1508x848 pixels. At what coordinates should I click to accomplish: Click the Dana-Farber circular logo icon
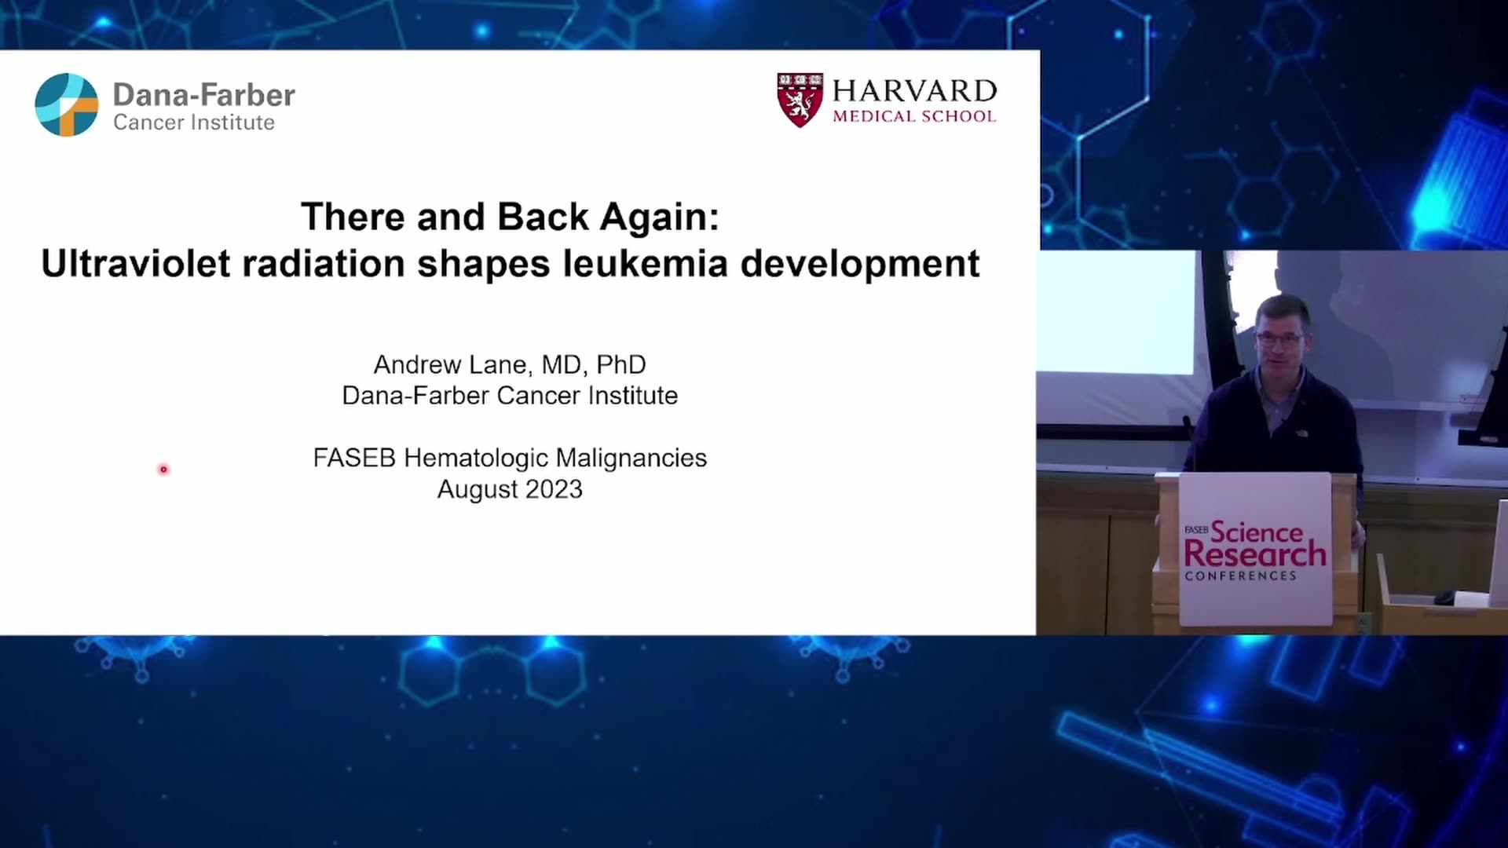tap(67, 104)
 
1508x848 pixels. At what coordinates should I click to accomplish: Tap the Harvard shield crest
tap(800, 100)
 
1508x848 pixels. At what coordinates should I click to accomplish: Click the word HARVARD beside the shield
tap(914, 91)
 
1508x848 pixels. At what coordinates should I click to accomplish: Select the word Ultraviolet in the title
tap(136, 263)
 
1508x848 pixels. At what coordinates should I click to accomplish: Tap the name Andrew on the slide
tap(417, 364)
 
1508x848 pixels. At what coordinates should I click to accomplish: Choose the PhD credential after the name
tap(621, 364)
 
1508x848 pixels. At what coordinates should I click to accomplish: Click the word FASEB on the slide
tap(354, 458)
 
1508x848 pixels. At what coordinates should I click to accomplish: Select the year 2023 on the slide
tap(554, 489)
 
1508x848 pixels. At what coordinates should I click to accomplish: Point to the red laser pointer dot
tap(163, 470)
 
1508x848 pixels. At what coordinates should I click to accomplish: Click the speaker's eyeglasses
tap(1279, 340)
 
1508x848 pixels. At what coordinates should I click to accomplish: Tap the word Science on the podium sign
tap(1257, 532)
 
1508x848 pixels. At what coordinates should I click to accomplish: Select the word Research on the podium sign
tap(1255, 554)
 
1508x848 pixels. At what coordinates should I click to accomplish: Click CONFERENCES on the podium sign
tap(1241, 576)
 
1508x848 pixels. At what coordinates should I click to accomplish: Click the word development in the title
tap(860, 264)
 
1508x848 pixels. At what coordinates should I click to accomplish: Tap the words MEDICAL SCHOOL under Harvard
tap(914, 116)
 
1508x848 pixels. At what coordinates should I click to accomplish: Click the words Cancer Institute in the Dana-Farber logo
tap(194, 122)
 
